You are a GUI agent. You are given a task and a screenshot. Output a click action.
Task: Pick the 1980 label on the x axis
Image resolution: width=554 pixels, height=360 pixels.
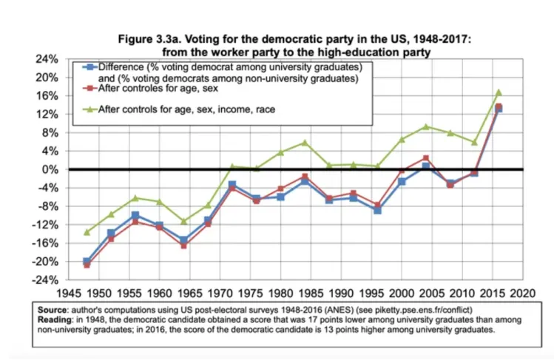coord(281,292)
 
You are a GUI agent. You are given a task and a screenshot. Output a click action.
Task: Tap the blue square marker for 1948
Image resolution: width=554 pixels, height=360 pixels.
coord(87,261)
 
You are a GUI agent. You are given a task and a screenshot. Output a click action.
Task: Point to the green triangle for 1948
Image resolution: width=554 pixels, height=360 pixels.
coord(87,232)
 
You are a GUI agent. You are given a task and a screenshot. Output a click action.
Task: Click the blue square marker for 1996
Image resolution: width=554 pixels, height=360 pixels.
coord(377,210)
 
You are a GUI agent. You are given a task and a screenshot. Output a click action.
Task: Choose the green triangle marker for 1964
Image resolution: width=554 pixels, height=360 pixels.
coord(183,221)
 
